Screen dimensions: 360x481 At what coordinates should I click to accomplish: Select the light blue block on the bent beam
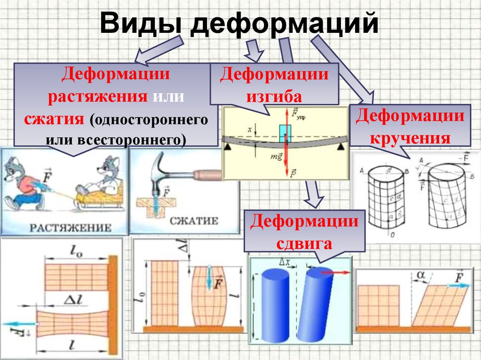tap(285, 133)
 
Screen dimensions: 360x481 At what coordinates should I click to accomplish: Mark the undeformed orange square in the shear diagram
tap(378, 305)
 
